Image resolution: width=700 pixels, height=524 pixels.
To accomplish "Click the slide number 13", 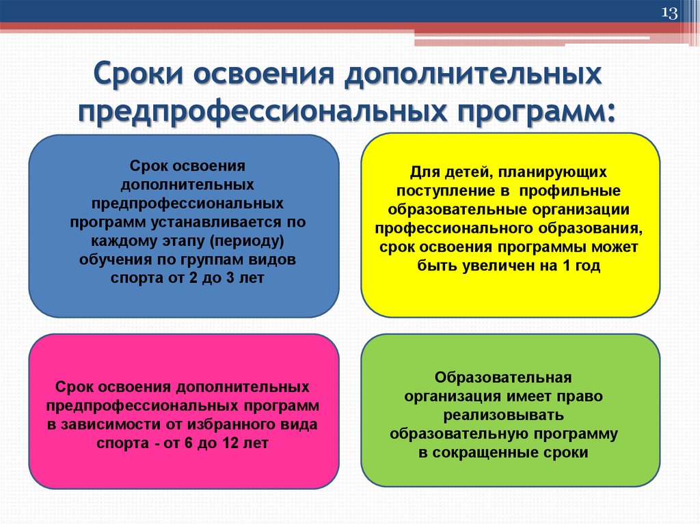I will tap(669, 14).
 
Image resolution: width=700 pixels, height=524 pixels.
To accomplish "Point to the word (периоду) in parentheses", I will tap(247, 242).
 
